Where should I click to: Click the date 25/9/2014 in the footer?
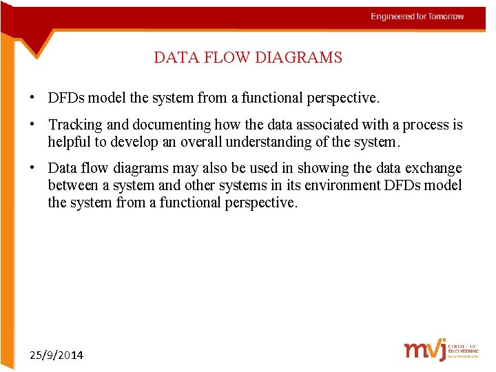56,355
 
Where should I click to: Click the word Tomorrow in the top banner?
446,17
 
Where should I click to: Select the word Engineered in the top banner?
393,17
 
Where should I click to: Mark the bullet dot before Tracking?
32,125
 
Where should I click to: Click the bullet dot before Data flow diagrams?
32,168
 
